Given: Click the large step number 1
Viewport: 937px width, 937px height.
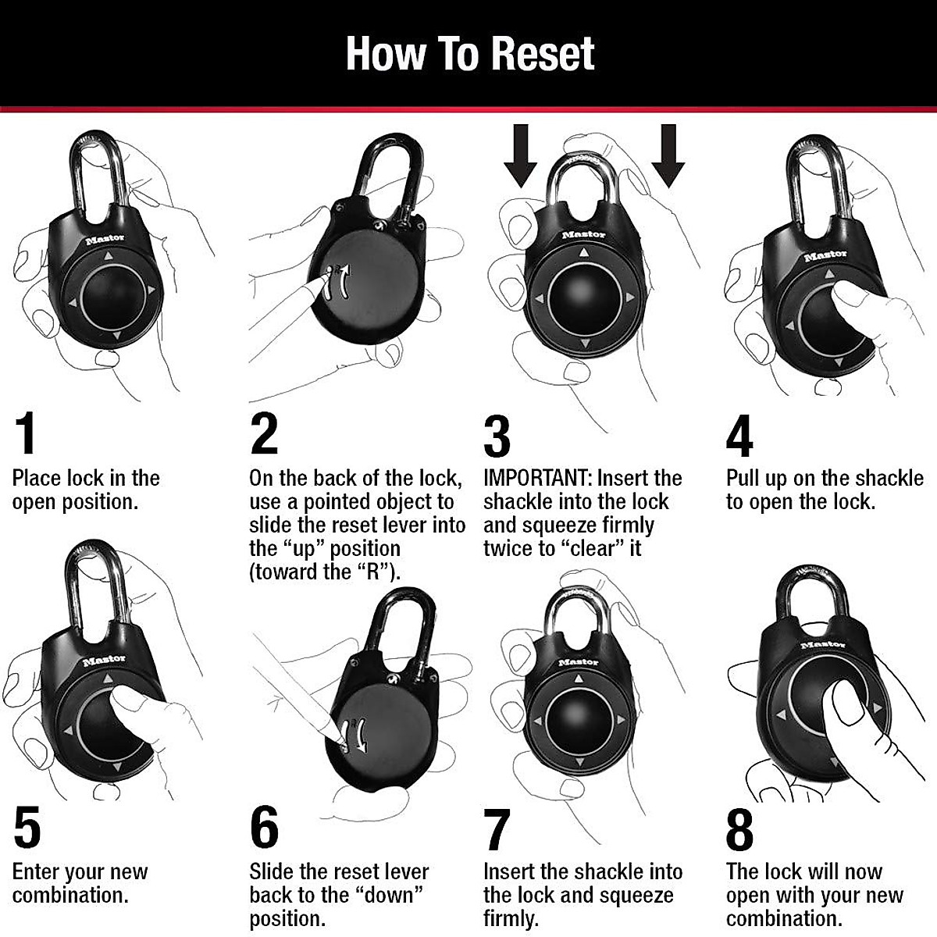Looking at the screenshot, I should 27,434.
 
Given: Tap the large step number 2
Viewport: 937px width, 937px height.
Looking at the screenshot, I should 264,434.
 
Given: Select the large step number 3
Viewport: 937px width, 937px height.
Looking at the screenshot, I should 497,436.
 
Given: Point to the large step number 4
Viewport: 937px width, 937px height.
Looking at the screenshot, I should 739,436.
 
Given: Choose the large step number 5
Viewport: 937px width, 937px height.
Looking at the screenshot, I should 27,828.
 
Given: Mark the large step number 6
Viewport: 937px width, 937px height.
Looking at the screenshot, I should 265,828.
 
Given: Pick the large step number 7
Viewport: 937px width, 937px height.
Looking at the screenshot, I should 497,829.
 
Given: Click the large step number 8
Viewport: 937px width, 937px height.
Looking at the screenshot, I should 739,829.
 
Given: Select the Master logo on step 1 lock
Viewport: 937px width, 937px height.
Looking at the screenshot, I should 105,240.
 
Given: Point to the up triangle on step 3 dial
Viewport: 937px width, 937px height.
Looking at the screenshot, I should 583,252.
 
